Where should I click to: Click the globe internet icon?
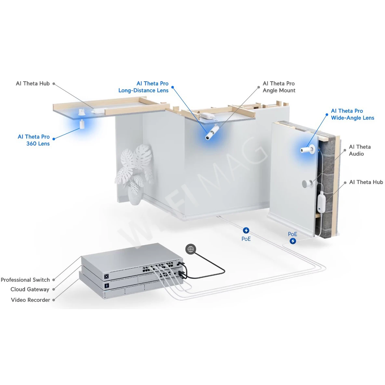click(191, 249)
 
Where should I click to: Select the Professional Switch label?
click(25, 280)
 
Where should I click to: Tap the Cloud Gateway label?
click(30, 289)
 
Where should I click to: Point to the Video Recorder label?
click(31, 300)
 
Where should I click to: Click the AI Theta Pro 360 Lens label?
click(34, 140)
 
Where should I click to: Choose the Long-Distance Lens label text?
click(143, 90)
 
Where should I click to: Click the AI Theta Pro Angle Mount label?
click(279, 87)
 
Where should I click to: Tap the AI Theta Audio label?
click(360, 150)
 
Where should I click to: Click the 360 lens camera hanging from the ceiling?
click(82, 124)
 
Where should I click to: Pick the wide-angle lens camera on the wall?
click(307, 150)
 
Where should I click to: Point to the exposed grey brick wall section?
click(327, 176)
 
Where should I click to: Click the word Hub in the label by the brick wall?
click(377, 182)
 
